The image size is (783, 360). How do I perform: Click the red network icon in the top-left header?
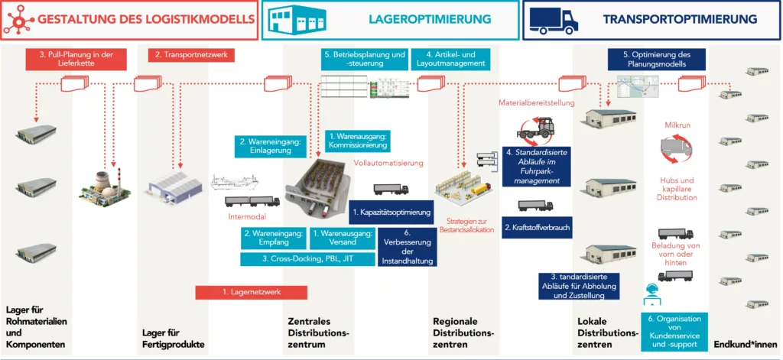tap(18, 19)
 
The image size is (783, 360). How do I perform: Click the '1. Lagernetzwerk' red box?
tap(251, 292)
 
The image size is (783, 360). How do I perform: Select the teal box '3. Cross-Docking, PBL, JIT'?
tap(307, 259)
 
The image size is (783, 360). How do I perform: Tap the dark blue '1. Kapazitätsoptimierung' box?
tap(392, 212)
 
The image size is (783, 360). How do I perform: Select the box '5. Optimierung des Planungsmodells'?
tap(657, 60)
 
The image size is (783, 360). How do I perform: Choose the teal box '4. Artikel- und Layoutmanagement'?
tap(450, 60)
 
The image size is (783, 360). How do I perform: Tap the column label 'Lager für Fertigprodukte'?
tap(174, 339)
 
